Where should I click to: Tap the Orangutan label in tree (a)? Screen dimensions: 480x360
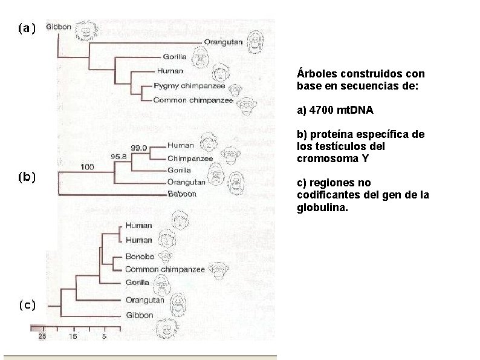223,42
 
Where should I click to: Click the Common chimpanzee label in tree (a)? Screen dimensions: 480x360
193,100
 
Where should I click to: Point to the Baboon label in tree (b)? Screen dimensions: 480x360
181,194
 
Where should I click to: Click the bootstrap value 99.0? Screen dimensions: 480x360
140,147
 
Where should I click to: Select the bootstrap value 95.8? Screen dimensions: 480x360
119,156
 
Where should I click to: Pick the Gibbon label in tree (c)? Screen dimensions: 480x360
140,315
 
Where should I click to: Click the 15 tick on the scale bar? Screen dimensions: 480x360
72,335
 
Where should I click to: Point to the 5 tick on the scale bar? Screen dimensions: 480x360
104,335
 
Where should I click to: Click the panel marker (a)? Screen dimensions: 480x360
27,28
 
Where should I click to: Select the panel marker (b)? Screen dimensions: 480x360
27,177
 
